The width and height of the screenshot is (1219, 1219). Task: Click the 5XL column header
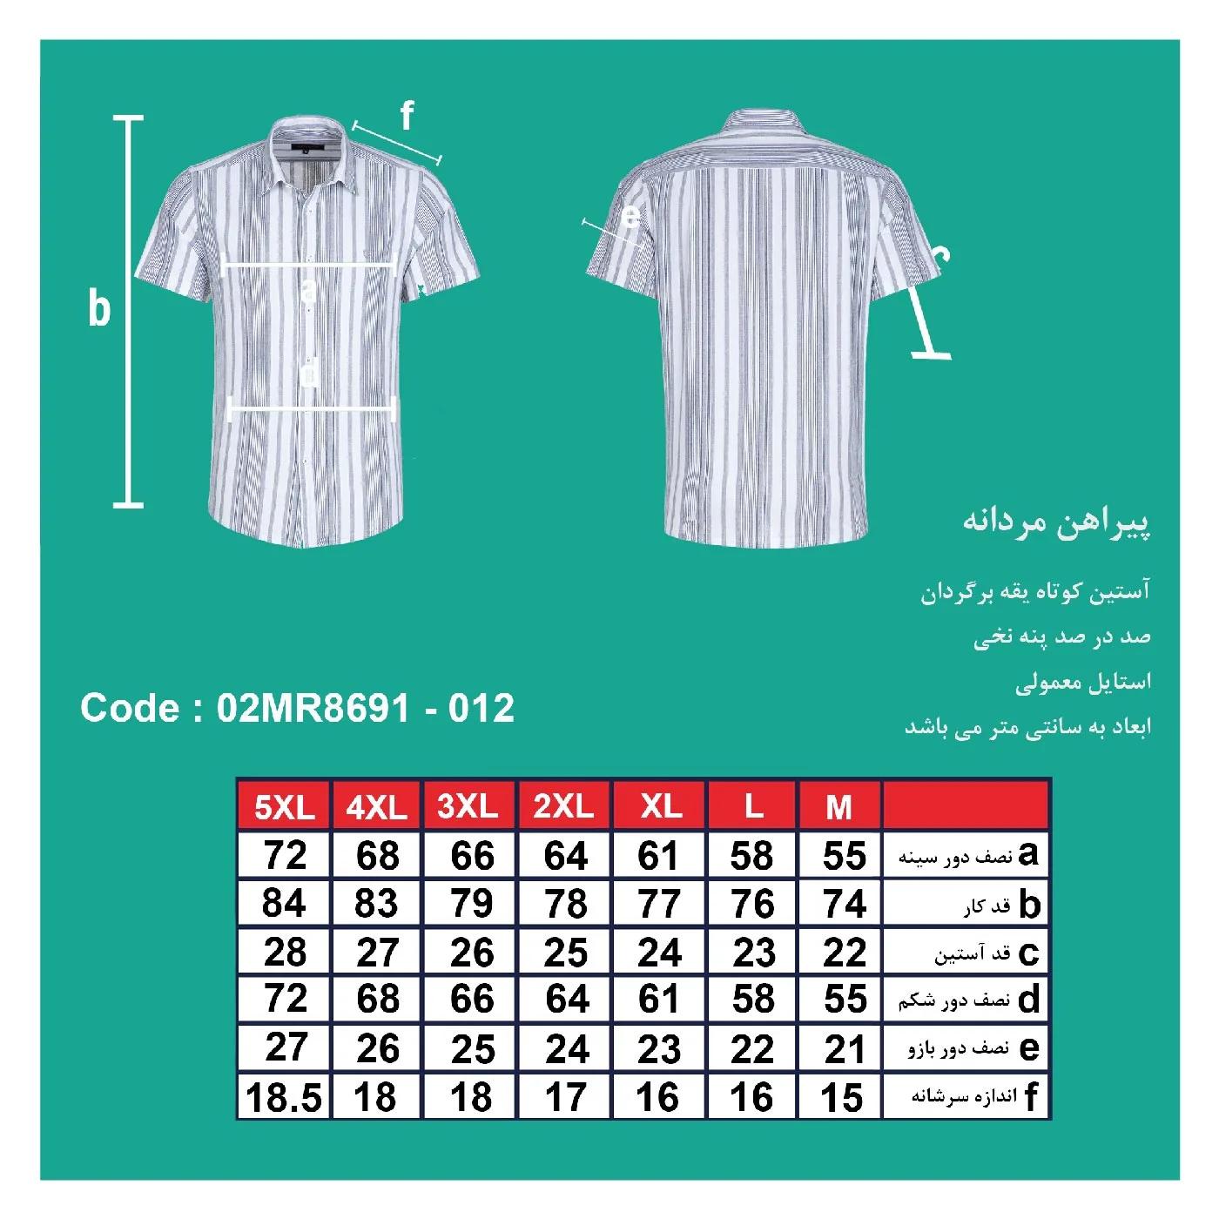284,807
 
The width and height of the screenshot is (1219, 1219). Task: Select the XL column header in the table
660,807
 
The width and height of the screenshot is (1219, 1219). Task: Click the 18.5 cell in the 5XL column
284,1098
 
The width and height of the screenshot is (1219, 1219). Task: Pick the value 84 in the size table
284,904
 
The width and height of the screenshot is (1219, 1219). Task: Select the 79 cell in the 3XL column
472,904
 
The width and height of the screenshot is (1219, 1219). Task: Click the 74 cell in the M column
844,904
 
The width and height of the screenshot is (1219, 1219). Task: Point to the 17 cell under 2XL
565,1098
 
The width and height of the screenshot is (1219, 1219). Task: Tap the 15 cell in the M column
841,1098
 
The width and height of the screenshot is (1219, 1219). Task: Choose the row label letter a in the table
1028,855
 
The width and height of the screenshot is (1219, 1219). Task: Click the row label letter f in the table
1031,1097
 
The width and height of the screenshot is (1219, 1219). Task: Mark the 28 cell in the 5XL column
284,952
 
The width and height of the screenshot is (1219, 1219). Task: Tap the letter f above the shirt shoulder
407,116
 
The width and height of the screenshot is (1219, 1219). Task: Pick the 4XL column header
376,807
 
